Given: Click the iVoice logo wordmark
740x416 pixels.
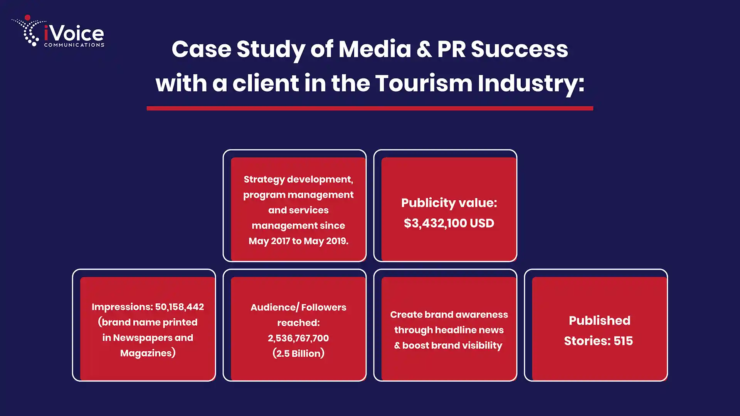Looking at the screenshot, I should pos(74,33).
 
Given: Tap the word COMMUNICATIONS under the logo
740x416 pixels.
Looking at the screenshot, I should pos(74,45).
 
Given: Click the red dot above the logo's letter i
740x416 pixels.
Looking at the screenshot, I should pos(27,17).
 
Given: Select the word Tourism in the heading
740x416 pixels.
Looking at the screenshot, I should pos(424,83).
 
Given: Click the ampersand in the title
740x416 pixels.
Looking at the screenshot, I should pos(424,49).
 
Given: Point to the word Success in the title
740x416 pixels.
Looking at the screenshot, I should pos(519,49).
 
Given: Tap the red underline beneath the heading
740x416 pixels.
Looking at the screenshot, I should pos(370,108).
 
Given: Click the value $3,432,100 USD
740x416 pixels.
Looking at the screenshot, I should pos(449,223).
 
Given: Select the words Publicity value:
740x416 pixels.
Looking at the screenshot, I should pos(449,203).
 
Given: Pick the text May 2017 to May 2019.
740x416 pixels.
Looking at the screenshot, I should pos(298,241).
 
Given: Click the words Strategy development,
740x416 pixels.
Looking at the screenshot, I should pos(298,179).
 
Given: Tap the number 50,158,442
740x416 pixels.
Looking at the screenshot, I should pos(180,307).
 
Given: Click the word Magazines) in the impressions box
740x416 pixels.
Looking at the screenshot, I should pos(148,353).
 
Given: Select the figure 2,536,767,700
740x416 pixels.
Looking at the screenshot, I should pos(298,338).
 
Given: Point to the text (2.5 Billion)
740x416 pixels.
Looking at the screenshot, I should pos(298,354).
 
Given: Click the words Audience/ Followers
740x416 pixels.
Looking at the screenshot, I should pos(298,307).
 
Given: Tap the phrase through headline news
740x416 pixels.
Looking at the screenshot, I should pos(449,330).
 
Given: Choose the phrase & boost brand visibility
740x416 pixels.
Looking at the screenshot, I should pos(448,346).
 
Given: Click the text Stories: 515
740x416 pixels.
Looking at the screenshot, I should pos(598,341).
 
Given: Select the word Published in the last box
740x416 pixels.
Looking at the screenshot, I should pos(599,320).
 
